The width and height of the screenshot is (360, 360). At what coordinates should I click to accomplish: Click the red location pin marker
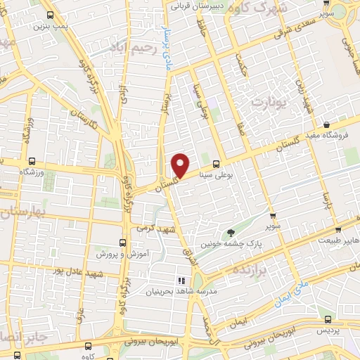click(x=181, y=165)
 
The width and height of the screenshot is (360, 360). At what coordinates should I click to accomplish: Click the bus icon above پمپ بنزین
click(x=49, y=14)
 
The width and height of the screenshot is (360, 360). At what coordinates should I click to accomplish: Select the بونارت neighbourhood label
click(x=269, y=101)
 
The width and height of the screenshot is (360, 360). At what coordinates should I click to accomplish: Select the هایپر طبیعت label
click(x=337, y=240)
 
